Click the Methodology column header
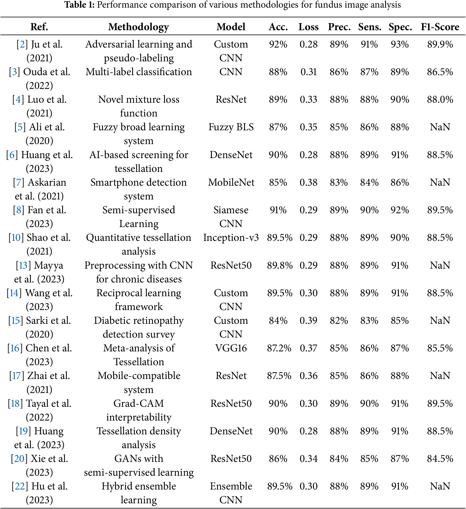(139, 27)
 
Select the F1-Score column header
(440, 27)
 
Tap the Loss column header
(308, 27)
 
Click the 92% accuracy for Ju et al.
(278, 44)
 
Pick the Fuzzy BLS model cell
(231, 127)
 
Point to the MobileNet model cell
(231, 182)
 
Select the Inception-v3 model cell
(231, 238)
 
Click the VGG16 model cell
(231, 348)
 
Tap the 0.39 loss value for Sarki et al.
(308, 321)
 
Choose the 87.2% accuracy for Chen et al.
(279, 348)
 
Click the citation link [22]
(20, 486)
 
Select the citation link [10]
(16, 238)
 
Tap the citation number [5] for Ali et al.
(20, 127)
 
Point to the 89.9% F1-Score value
(440, 44)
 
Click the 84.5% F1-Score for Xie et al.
(440, 459)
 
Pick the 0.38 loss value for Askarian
(308, 182)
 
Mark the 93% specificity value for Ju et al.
(400, 44)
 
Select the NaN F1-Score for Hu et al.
(440, 486)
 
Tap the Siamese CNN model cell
(231, 217)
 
